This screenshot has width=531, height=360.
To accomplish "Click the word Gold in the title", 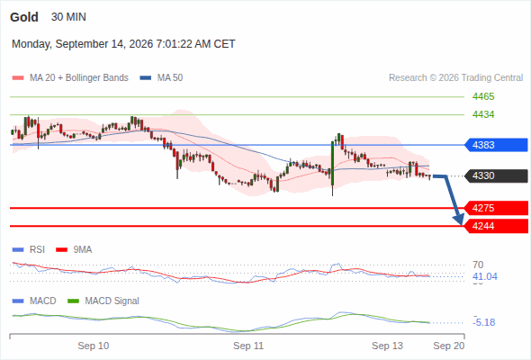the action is (x=24, y=17).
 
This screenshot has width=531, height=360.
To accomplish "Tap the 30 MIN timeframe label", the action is (x=68, y=17).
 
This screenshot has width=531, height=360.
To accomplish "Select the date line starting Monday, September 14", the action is (x=123, y=44).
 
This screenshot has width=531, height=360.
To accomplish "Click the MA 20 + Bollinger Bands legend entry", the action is (x=70, y=78).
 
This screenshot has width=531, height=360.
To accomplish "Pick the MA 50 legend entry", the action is (x=161, y=78).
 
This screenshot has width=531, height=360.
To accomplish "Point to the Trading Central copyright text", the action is (x=455, y=78).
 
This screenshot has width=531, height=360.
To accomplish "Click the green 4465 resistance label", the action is (x=483, y=97).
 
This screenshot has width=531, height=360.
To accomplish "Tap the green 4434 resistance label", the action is (x=483, y=115).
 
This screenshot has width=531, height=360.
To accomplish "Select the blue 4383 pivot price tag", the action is (x=496, y=145).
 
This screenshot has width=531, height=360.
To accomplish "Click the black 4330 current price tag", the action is (x=496, y=176).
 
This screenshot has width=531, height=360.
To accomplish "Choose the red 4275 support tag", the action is (x=496, y=208).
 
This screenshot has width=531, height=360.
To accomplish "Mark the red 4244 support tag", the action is (x=496, y=226).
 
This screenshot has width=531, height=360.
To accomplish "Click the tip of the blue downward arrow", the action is (x=461, y=224).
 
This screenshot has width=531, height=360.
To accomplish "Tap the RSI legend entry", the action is (x=29, y=250).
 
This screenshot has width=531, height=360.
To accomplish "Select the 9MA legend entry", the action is (x=74, y=250).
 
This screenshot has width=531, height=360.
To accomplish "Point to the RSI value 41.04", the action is (x=485, y=276).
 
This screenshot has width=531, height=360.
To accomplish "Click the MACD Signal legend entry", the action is (x=103, y=301).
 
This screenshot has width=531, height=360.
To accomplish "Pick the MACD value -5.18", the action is (x=484, y=322).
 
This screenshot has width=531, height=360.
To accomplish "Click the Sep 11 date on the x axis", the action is (x=248, y=346).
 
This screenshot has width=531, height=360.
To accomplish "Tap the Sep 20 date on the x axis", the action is (x=449, y=346).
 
